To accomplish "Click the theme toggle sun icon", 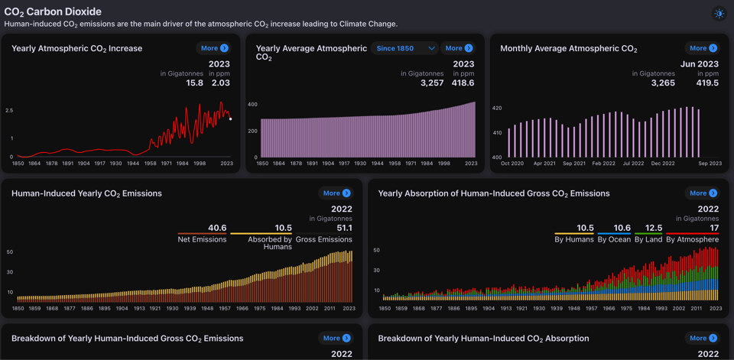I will point(719,14).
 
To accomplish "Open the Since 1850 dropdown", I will point(405,48).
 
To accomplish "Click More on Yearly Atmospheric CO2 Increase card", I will point(213,48).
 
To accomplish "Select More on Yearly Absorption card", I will point(703,193).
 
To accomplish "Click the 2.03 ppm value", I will point(220,83).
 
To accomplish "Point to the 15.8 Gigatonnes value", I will point(195,83).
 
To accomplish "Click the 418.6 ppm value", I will point(463,83).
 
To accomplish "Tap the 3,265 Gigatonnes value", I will point(662,83).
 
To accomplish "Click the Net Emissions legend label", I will point(202,239).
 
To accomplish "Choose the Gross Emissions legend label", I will point(323,239).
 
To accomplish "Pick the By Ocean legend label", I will point(614,239).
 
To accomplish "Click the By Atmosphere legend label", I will point(692,239).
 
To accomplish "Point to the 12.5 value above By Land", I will point(654,228).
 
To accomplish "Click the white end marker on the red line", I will point(230,118).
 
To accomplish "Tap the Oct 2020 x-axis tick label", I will point(512,164).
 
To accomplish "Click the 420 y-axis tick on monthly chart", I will point(497,109).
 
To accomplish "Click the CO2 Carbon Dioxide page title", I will point(53,12).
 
